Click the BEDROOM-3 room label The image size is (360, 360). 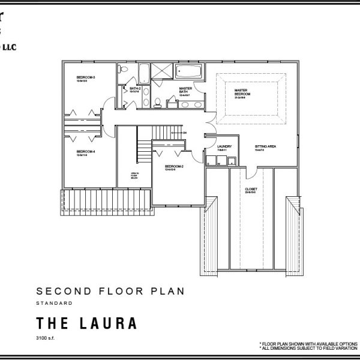tap(82, 78)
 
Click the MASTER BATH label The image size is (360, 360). tap(185, 91)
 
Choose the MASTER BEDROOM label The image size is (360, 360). tap(242, 92)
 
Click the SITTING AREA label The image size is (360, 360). tap(265, 146)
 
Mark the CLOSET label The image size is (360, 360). tap(251, 190)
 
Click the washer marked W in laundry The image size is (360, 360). tap(221, 161)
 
